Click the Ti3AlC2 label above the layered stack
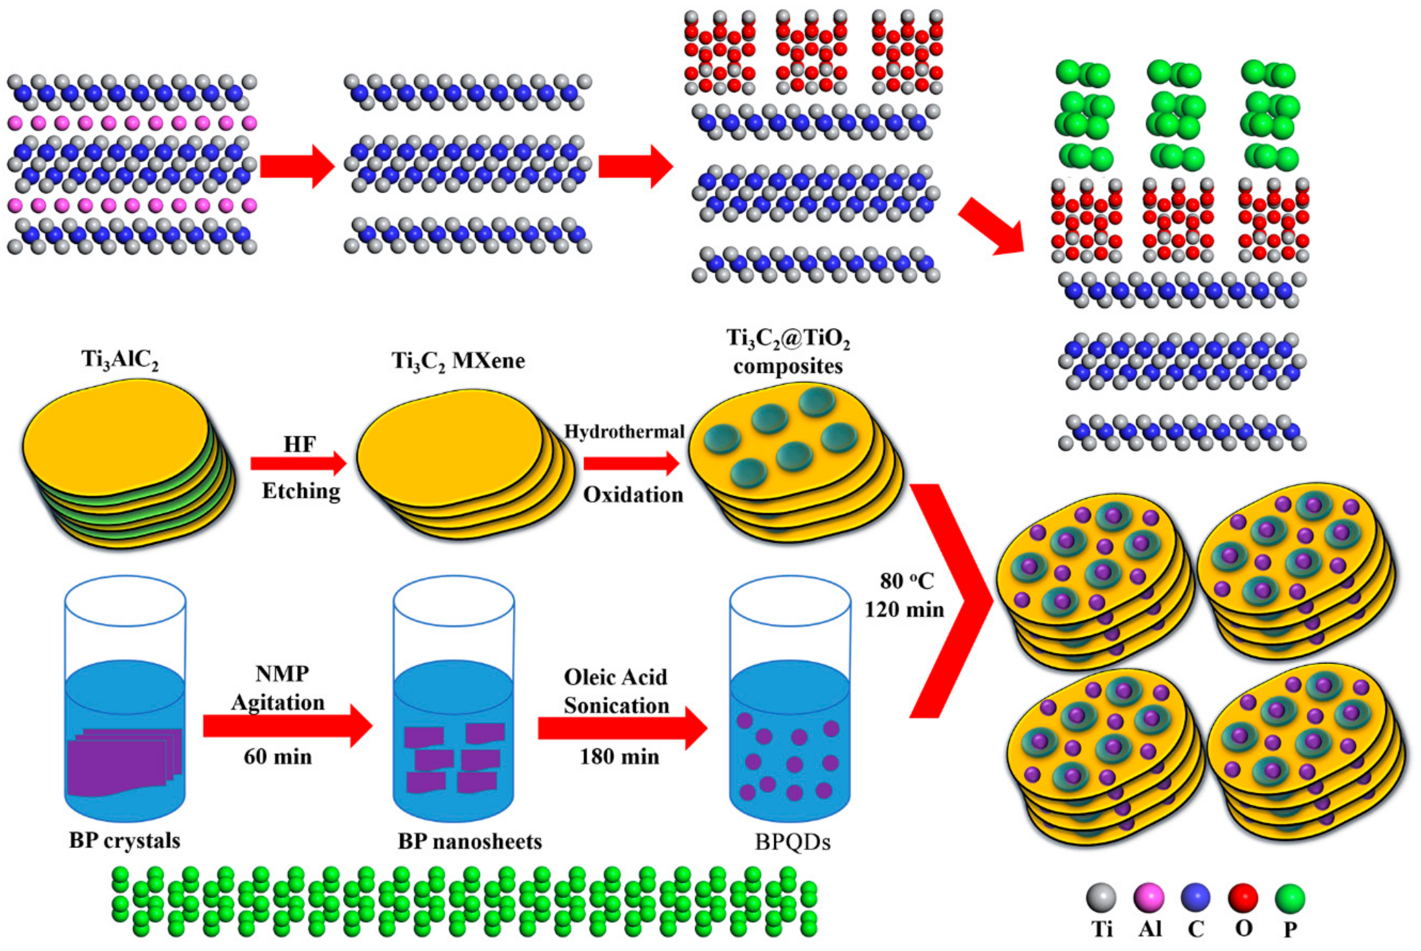(120, 360)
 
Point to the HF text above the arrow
(299, 445)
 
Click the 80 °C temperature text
(907, 581)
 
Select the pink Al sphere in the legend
(1148, 898)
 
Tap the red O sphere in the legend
(1243, 898)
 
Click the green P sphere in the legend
(1289, 898)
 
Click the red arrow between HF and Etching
(297, 464)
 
